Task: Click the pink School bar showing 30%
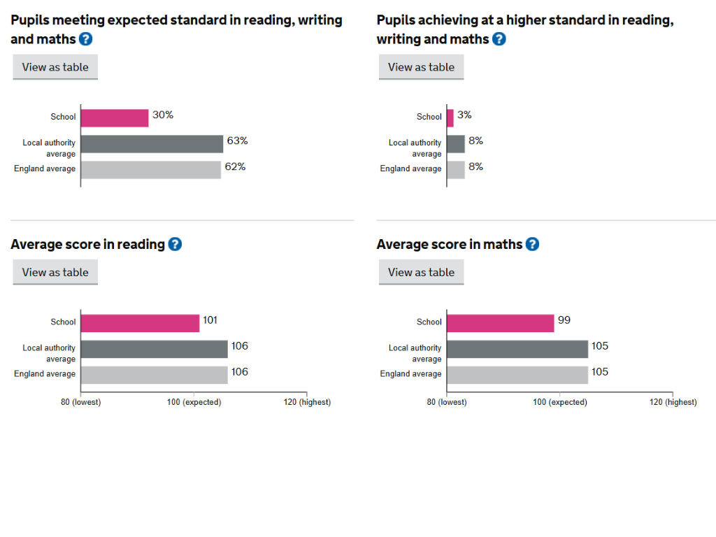[x=115, y=117]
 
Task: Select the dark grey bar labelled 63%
[x=152, y=143]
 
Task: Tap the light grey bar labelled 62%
[x=151, y=169]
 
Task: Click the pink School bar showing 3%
[x=450, y=117]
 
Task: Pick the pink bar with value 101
[x=140, y=323]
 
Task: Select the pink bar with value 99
[x=500, y=323]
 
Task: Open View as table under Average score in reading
[x=55, y=272]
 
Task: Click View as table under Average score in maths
[x=421, y=272]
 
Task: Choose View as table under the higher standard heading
[x=421, y=67]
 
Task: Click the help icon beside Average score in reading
[x=175, y=244]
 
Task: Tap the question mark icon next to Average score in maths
[x=532, y=244]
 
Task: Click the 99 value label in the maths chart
[x=564, y=320]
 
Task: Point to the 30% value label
[x=163, y=115]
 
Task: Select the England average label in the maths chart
[x=411, y=374]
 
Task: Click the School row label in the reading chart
[x=63, y=322]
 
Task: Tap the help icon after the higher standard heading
[x=499, y=39]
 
